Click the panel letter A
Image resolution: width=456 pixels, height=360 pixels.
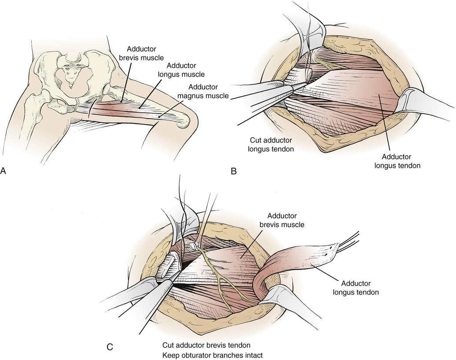click(x=4, y=172)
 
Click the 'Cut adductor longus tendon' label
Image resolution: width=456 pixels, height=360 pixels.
click(x=268, y=145)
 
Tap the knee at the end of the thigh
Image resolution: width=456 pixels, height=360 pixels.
click(x=183, y=121)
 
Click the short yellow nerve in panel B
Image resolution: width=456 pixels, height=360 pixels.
click(x=328, y=64)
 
